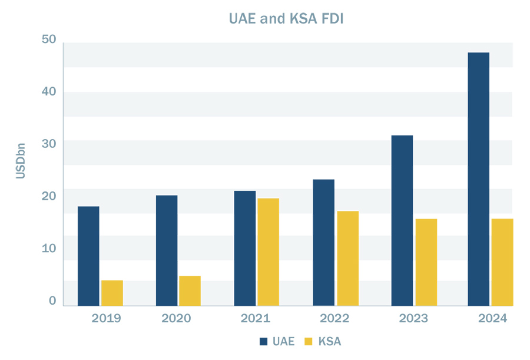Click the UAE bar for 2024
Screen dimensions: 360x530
pos(478,179)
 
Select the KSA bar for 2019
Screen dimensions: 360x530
pos(112,293)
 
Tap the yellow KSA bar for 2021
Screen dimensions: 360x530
pos(268,252)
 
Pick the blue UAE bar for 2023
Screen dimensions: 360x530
pos(402,220)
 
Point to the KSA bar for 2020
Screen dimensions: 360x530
pos(190,290)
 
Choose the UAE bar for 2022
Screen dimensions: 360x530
pos(323,242)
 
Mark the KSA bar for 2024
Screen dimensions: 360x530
pos(502,262)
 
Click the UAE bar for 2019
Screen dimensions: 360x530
pos(88,256)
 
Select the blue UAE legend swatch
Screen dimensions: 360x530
pos(264,341)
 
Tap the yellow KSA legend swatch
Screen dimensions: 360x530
pos(308,341)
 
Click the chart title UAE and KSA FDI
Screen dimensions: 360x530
pos(286,19)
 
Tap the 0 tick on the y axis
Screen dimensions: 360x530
pos(52,300)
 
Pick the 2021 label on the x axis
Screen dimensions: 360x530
pos(255,319)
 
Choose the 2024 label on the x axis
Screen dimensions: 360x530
pos(492,319)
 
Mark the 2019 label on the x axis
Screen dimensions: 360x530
pos(106,319)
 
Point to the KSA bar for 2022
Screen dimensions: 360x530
pos(347,258)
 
